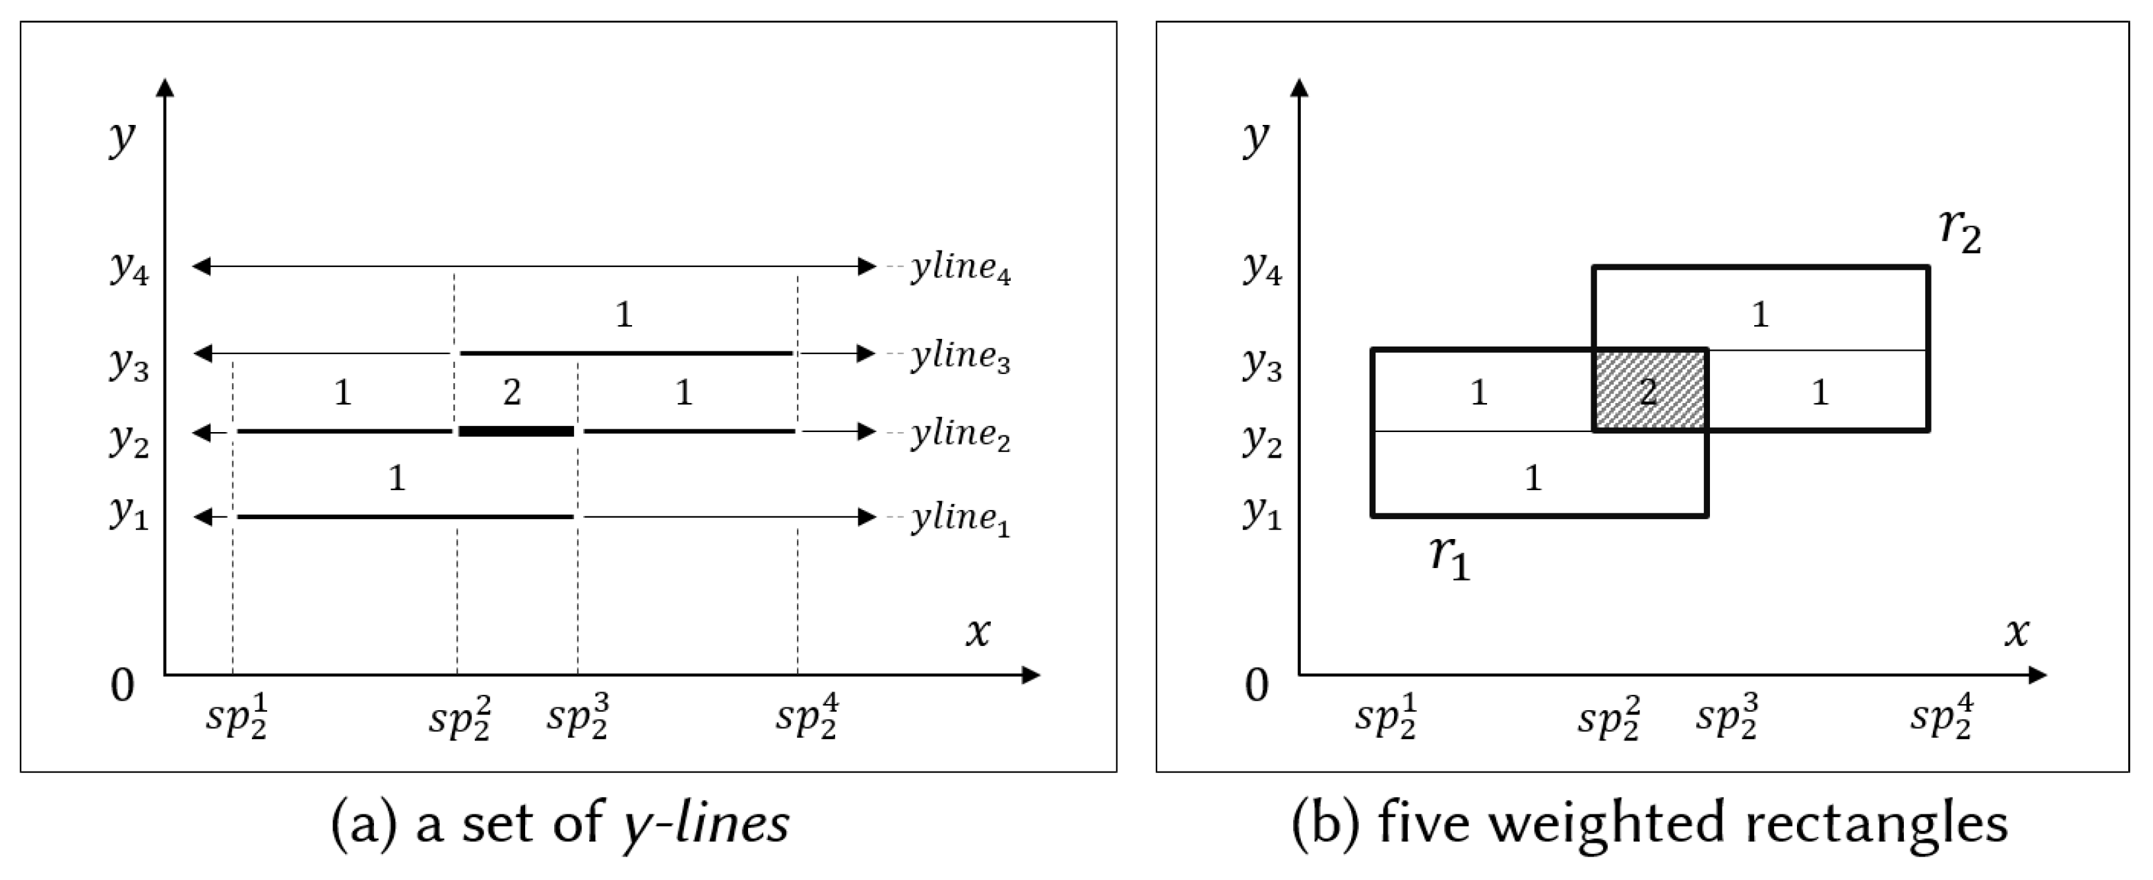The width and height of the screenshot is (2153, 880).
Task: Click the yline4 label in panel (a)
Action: pos(961,269)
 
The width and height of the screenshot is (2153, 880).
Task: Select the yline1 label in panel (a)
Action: pos(961,519)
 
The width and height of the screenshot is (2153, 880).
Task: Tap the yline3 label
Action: pos(961,356)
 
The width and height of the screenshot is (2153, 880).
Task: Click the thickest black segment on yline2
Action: pos(517,431)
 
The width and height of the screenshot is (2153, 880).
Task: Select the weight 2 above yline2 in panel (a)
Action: pos(512,392)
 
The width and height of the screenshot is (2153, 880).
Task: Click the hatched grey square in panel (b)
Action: pos(1650,390)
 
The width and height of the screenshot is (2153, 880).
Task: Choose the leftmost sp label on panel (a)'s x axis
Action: pos(237,716)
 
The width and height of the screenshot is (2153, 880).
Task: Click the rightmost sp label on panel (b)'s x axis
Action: pos(1943,716)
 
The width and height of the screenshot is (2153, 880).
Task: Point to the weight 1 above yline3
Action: pos(624,314)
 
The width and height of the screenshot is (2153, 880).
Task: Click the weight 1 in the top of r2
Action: pos(1760,314)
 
